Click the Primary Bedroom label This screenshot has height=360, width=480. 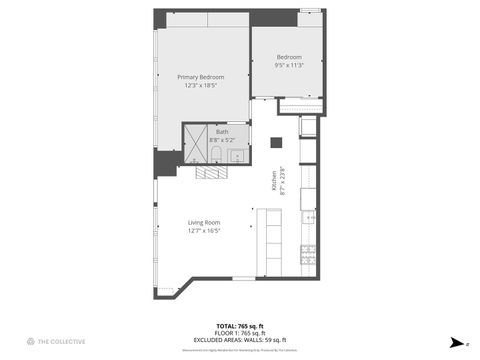(201, 77)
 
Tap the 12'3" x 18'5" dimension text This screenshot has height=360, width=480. (201, 86)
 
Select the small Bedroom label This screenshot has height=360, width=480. (289, 57)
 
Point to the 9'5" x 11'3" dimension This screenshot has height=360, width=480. (289, 66)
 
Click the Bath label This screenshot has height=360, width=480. (222, 131)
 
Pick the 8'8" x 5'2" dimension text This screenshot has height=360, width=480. (222, 139)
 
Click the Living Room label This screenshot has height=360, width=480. (203, 222)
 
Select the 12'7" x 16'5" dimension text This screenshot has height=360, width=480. (203, 231)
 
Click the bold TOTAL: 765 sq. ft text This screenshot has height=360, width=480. (240, 326)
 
